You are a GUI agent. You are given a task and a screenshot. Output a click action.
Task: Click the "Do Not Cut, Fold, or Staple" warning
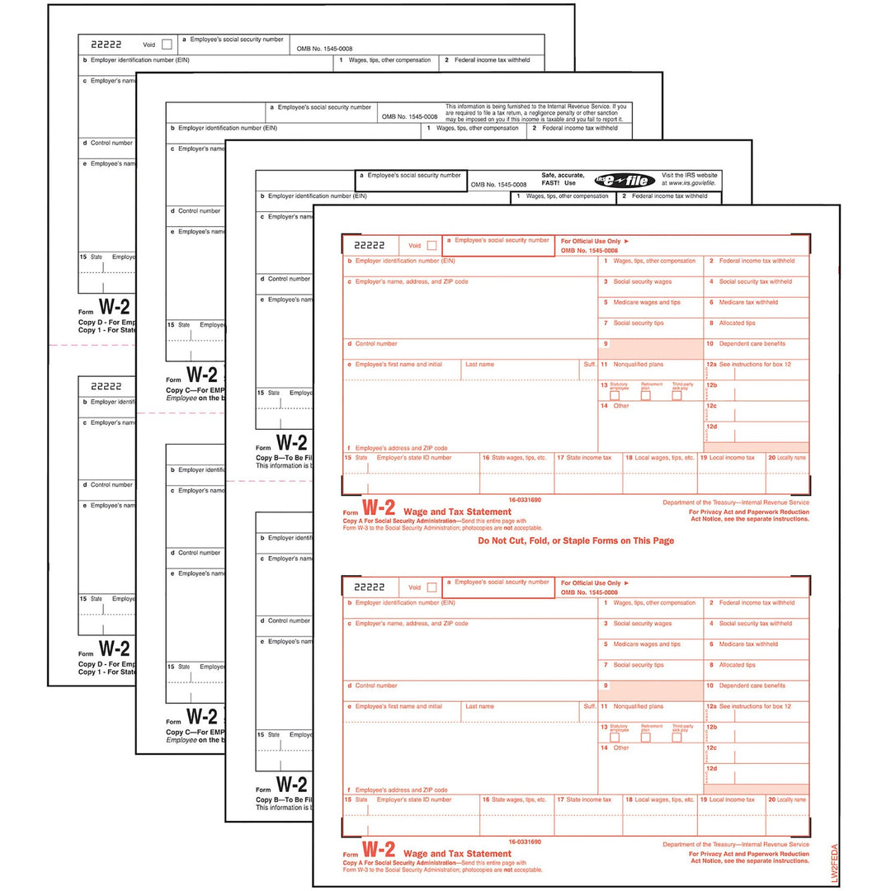(x=576, y=541)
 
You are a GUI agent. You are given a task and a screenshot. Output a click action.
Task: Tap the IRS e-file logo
(x=612, y=179)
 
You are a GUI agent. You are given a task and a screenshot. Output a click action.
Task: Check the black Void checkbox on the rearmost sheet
(x=167, y=45)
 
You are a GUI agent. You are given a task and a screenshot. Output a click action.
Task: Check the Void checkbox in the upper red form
(x=431, y=245)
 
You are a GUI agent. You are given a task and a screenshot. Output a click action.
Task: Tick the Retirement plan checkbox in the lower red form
(x=646, y=738)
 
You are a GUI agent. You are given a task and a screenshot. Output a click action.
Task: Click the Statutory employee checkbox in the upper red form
(x=615, y=395)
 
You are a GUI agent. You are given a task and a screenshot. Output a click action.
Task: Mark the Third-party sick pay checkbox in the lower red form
(x=676, y=738)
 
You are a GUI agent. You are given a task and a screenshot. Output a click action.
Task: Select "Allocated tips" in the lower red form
(x=737, y=665)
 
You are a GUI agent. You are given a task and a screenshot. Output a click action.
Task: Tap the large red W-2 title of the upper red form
(x=379, y=509)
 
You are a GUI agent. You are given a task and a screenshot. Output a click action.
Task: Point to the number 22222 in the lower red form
(x=370, y=587)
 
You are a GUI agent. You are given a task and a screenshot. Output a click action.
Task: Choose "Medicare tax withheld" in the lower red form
(x=747, y=644)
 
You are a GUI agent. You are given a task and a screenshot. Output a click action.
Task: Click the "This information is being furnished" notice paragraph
(x=536, y=112)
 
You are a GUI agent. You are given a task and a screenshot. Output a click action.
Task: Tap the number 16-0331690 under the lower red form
(x=525, y=842)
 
